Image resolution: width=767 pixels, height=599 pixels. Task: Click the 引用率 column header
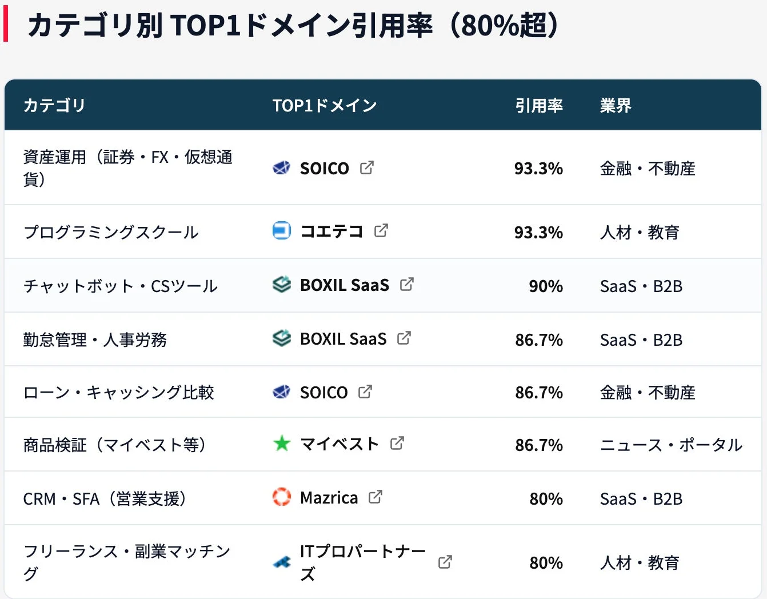(538, 106)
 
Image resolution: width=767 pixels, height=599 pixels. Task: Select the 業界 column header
(615, 106)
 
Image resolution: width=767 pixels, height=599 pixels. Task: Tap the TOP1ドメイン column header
(324, 106)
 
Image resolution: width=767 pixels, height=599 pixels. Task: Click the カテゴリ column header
(54, 106)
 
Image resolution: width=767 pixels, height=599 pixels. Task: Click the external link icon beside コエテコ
(381, 230)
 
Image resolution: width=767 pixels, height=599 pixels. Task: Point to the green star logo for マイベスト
(281, 444)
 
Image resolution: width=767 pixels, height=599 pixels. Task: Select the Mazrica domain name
(329, 498)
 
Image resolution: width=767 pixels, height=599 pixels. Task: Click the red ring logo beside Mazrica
(281, 497)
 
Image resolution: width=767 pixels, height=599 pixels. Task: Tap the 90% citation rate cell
(545, 286)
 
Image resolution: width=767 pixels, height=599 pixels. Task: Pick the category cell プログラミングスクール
(111, 232)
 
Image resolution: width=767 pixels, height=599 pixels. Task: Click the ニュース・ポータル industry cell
(671, 445)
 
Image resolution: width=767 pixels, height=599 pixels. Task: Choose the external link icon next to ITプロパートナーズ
(445, 562)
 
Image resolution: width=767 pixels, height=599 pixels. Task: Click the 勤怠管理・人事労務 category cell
(95, 340)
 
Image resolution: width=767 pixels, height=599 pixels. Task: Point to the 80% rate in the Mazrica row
(546, 499)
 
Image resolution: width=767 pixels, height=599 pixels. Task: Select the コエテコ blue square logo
(281, 230)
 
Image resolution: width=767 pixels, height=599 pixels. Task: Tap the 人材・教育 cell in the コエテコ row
(639, 232)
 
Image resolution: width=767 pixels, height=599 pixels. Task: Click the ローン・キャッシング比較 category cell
(118, 392)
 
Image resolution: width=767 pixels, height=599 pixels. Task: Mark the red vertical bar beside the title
(6, 25)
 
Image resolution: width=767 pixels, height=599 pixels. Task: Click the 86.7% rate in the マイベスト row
(538, 445)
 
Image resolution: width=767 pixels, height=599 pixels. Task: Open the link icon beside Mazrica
(375, 497)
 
